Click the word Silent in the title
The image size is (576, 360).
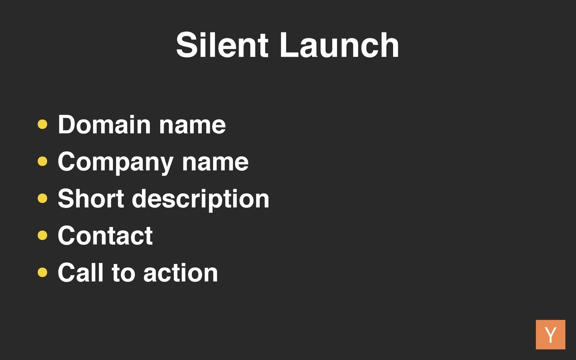(222, 45)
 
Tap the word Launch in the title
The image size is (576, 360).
(339, 45)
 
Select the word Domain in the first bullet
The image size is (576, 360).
(104, 124)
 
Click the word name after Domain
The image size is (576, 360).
(192, 127)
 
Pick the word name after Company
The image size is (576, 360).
(215, 164)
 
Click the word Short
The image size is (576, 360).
(91, 198)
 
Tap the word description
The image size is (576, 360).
(201, 200)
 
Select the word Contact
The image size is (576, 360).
(105, 236)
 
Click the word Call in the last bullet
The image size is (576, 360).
(81, 272)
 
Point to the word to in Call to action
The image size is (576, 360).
(123, 273)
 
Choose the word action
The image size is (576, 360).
(180, 273)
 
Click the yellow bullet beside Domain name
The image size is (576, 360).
(42, 124)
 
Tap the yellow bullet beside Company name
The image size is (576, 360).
(42, 161)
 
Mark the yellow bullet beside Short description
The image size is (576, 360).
(42, 198)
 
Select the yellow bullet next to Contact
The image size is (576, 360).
(42, 235)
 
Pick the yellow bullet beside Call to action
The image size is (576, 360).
(42, 272)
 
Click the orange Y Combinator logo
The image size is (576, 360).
(551, 335)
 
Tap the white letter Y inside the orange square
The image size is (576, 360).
(551, 335)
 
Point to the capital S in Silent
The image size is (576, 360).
(185, 45)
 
